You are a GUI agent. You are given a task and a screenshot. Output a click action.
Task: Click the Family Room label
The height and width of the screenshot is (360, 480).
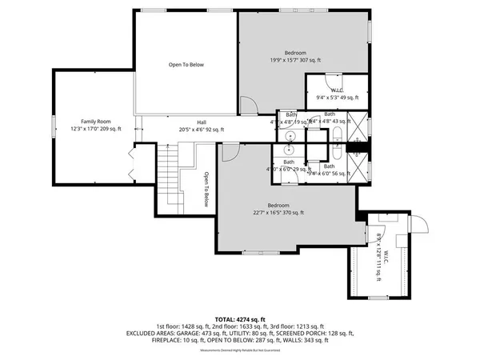(94, 120)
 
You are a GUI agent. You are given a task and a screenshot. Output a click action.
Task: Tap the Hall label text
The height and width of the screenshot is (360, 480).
(190, 122)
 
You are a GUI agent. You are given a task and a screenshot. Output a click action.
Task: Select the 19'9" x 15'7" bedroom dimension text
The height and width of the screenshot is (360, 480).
(295, 60)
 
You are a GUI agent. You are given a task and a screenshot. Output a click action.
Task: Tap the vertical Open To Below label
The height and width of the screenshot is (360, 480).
(206, 190)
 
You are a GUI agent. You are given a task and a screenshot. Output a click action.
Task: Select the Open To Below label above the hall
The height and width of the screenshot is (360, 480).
(186, 64)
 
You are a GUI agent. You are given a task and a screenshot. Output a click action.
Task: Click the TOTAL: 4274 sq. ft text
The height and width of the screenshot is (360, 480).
(239, 320)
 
